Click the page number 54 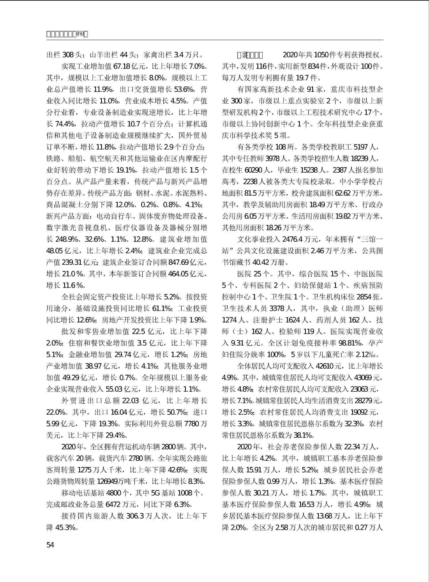point(50,545)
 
